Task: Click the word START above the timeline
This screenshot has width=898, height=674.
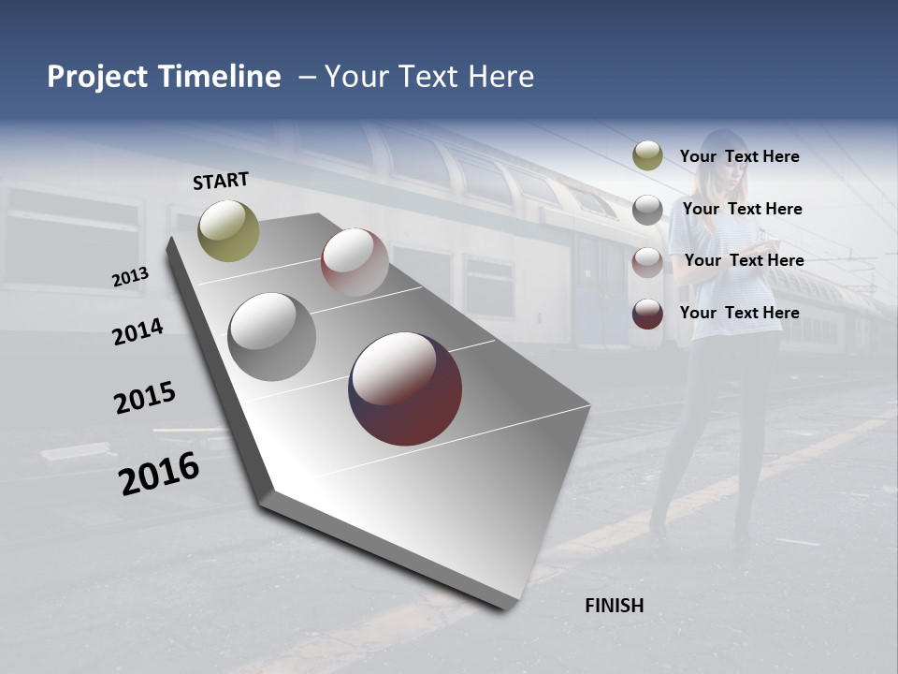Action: coord(221,180)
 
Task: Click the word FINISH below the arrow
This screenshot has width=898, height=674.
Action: coord(614,606)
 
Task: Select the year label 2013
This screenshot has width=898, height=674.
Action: coord(130,277)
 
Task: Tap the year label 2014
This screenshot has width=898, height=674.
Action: coord(138,331)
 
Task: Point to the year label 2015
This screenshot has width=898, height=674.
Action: coord(145,398)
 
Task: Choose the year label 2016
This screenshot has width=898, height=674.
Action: coord(159,474)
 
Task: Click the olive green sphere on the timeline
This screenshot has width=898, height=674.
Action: coord(228,230)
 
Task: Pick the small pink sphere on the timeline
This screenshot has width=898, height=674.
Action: coord(355,262)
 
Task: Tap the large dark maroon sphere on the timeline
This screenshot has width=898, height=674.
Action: coord(405,388)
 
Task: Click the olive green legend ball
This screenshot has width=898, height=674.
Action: coord(647,156)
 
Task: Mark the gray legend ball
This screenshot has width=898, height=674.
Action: coord(647,210)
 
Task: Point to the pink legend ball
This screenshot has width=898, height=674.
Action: coord(647,261)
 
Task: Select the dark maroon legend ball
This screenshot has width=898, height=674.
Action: coord(647,314)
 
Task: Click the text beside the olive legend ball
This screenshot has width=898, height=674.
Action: coord(739,157)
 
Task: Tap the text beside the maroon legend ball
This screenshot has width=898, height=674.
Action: coord(739,313)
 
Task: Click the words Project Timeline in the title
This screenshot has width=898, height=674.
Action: coord(164,77)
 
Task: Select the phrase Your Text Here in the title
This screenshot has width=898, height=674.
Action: coord(429,77)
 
